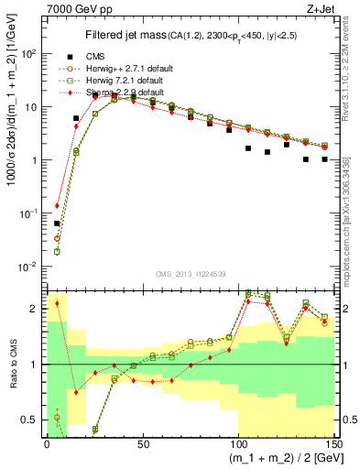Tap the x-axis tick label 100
pos(238,442)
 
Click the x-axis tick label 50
pos(143,442)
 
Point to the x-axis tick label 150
pos(333,442)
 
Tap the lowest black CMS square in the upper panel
pos(57,224)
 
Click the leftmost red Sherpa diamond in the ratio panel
pos(57,303)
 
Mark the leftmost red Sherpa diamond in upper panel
pos(57,206)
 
